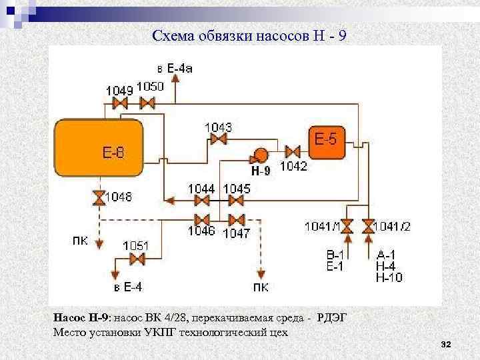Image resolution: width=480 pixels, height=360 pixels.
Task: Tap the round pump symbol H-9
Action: click(x=259, y=155)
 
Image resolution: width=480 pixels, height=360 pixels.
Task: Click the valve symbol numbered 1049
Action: click(x=120, y=103)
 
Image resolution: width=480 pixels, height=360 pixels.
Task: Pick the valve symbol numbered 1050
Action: click(x=147, y=103)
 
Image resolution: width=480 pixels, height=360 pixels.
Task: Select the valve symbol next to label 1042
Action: click(x=293, y=151)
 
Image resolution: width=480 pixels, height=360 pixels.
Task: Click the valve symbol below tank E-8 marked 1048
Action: click(x=99, y=197)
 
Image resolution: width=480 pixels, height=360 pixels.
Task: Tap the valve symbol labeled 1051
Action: click(x=138, y=259)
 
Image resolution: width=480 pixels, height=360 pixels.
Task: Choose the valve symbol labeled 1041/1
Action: click(x=347, y=226)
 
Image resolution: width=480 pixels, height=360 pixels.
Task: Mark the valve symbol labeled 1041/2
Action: click(x=368, y=226)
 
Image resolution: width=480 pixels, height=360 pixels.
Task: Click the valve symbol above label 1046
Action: click(x=201, y=219)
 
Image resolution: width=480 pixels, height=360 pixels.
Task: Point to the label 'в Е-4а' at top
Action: click(x=175, y=69)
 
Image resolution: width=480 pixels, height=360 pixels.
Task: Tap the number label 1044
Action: click(x=201, y=189)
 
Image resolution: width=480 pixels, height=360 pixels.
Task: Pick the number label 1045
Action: click(x=237, y=189)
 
